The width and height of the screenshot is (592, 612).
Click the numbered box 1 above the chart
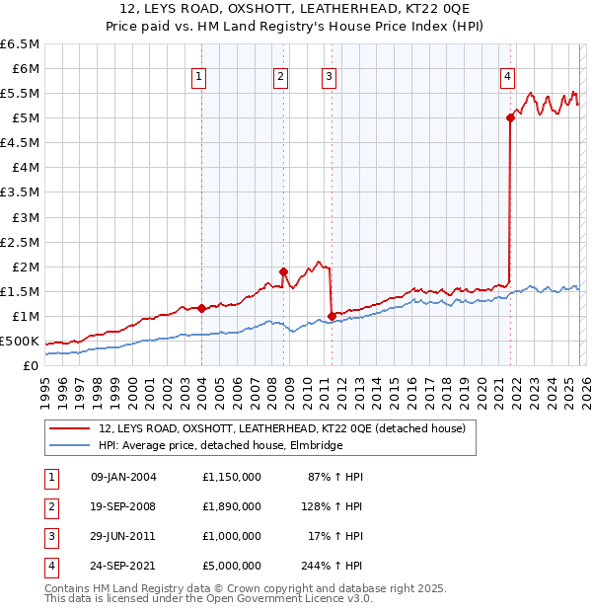pyautogui.click(x=199, y=76)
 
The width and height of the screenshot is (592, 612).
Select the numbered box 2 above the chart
pyautogui.click(x=281, y=76)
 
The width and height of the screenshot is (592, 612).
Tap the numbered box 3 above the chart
pyautogui.click(x=329, y=76)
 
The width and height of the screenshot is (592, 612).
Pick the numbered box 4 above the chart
pyautogui.click(x=507, y=76)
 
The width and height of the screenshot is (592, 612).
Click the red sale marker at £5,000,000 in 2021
pyautogui.click(x=510, y=117)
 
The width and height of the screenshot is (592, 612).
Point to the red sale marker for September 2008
pyautogui.click(x=283, y=271)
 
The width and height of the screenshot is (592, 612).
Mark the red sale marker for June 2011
pyautogui.click(x=332, y=316)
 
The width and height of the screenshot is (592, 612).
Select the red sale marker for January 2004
pyautogui.click(x=201, y=308)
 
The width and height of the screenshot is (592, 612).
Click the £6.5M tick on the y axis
pyautogui.click(x=20, y=44)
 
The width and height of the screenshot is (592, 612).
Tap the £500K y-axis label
pyautogui.click(x=20, y=341)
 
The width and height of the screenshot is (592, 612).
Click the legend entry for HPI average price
pyautogui.click(x=220, y=446)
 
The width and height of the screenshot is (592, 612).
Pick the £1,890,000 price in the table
pyautogui.click(x=232, y=506)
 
